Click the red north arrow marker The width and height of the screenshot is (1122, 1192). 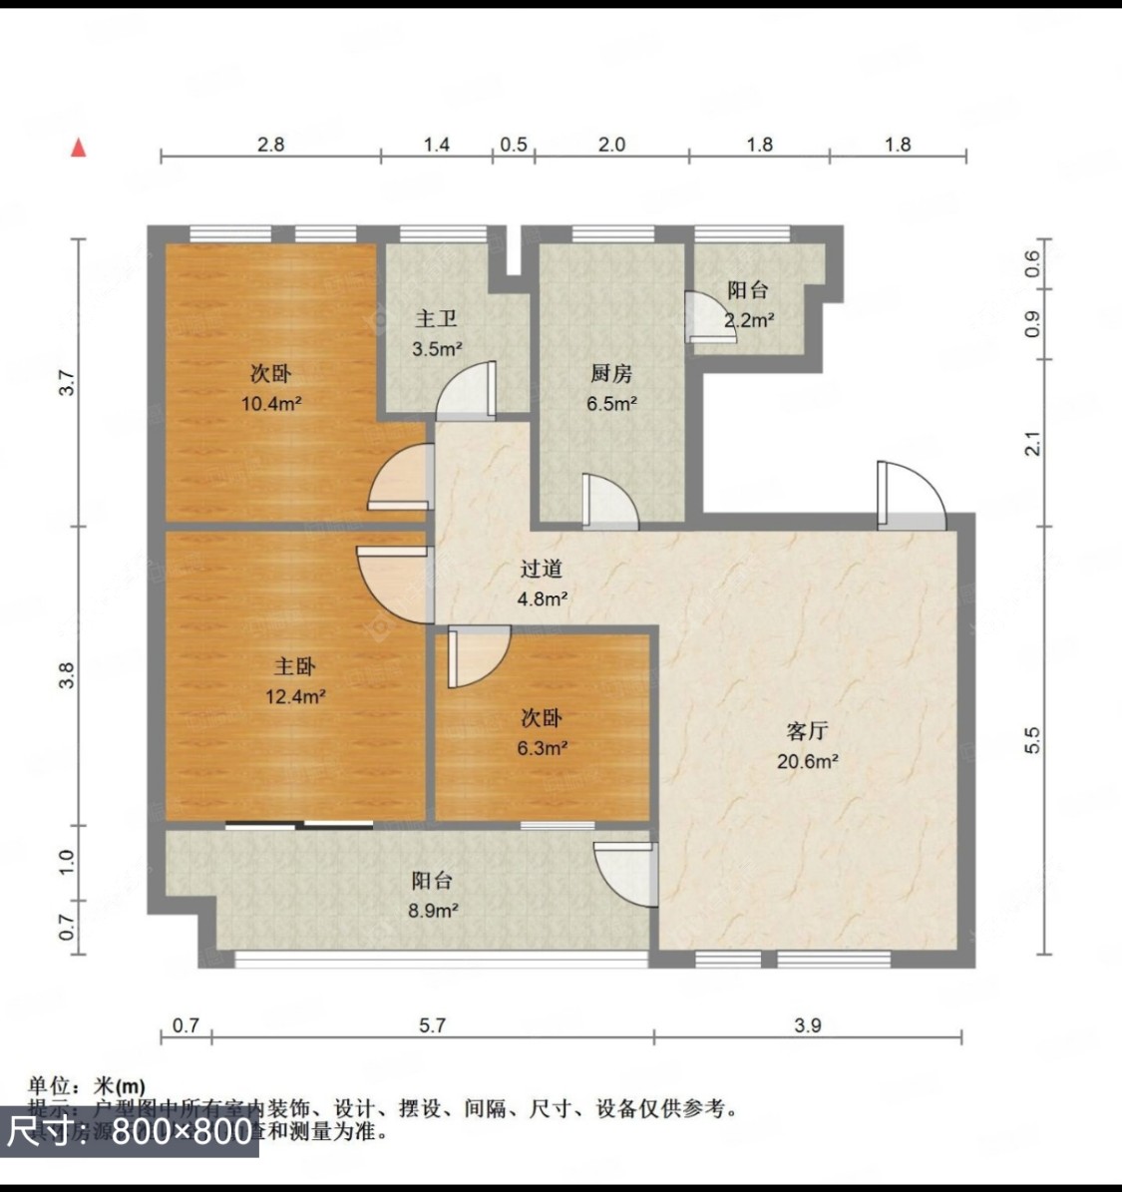tap(79, 148)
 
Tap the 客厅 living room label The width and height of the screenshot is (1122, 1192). tap(807, 731)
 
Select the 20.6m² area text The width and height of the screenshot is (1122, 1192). tap(807, 762)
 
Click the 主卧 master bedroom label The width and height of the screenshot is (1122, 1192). tap(295, 666)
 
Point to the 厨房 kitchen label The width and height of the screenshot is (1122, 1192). tap(611, 374)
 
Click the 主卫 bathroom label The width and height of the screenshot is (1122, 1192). tap(437, 319)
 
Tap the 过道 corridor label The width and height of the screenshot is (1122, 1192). tap(543, 570)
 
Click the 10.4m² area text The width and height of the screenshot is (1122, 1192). tap(271, 404)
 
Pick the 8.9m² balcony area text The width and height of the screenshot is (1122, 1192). tap(433, 911)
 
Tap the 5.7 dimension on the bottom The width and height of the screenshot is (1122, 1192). tap(432, 1025)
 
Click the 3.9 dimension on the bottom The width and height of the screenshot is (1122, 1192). tap(808, 1025)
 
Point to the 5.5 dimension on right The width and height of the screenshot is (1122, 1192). tap(1033, 739)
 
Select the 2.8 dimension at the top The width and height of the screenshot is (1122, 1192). tap(271, 145)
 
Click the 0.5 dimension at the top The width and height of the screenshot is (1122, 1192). tap(514, 145)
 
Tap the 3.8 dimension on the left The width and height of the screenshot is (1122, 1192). tap(67, 676)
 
